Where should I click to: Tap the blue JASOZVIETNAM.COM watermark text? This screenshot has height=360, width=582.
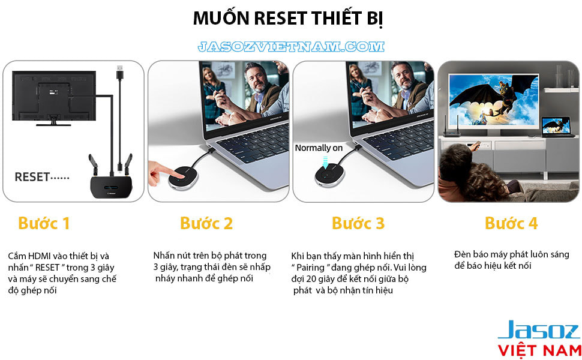pos(291,47)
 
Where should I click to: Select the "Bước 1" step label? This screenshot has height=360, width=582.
pos(44,223)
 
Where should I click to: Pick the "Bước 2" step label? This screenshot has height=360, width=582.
pos(206,223)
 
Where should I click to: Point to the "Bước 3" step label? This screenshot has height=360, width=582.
pos(358,223)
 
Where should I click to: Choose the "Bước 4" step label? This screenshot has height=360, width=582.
pos(511,223)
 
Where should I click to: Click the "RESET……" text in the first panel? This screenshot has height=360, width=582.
pos(42,177)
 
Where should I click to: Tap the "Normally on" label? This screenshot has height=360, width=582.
pos(319,148)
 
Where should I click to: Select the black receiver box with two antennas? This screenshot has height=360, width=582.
pos(112,185)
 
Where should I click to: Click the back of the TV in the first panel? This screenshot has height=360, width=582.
pos(54,96)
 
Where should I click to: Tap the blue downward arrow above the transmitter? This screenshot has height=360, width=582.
pos(326,162)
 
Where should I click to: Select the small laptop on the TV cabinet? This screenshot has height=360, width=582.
pos(557,127)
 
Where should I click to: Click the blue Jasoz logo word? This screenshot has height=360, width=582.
pos(539,329)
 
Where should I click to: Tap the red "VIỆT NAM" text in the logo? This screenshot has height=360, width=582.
pos(539,350)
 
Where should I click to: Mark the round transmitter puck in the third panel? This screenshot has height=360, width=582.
pos(329,175)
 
